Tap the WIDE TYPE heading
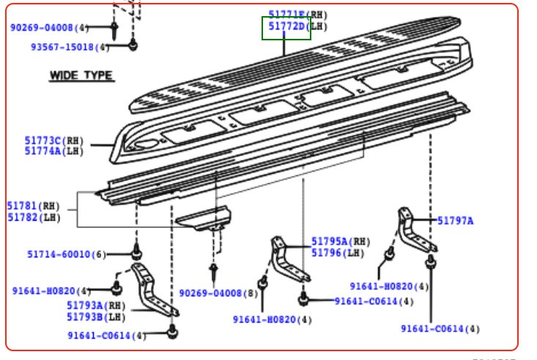81,75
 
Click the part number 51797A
455,220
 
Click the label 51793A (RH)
86,305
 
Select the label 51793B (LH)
86,317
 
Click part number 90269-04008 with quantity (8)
212,293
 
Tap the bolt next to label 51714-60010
136,252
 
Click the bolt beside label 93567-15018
133,46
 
